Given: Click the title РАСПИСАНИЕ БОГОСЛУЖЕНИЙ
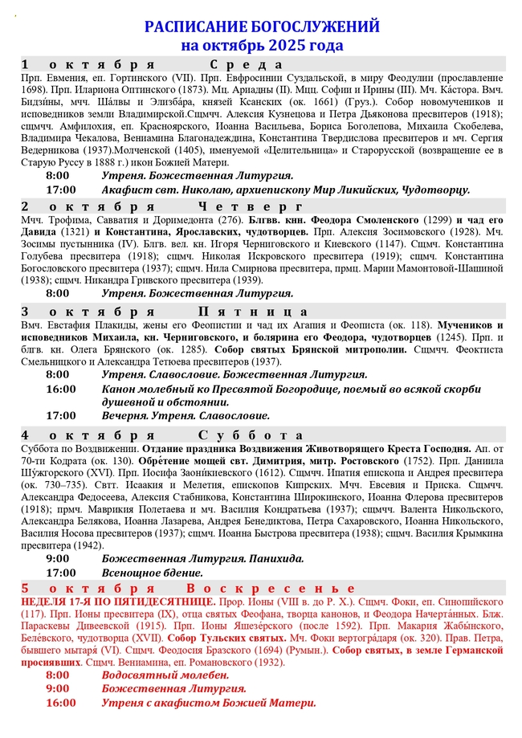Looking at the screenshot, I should (x=262, y=27).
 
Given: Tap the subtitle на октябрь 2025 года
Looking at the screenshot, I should (x=262, y=45).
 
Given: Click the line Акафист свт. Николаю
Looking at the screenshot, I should (x=285, y=190).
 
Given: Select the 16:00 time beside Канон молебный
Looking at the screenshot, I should (x=61, y=389).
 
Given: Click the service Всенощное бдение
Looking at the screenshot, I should (x=152, y=573).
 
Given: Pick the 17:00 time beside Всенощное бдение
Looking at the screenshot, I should (x=61, y=573).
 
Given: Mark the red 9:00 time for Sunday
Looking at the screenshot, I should (x=58, y=689).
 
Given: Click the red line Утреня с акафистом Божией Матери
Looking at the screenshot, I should (x=209, y=703).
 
